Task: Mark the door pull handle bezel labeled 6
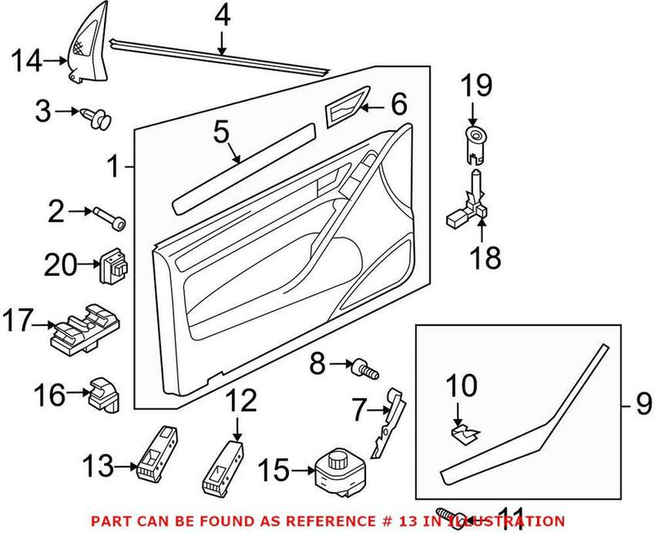[x=343, y=111]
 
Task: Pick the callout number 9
[x=644, y=402]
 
